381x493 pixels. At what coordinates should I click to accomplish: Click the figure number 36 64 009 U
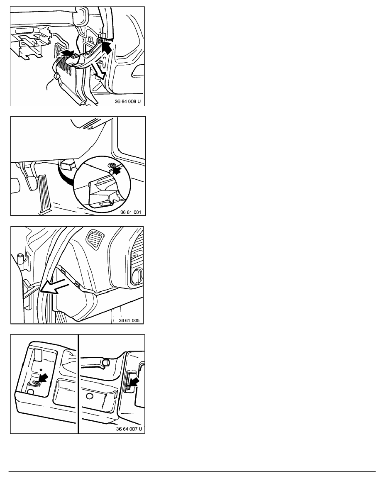128,102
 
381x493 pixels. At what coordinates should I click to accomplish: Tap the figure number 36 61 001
131,212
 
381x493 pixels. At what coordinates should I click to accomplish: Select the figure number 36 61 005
129,320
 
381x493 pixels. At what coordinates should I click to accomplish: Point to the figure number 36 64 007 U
129,429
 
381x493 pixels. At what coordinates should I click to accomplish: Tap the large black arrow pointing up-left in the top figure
107,48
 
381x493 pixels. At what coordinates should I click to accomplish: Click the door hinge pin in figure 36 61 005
21,259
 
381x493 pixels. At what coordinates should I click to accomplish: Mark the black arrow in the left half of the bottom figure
44,378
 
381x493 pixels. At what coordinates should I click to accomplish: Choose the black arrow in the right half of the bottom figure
134,382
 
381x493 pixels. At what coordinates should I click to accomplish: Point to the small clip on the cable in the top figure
57,76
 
